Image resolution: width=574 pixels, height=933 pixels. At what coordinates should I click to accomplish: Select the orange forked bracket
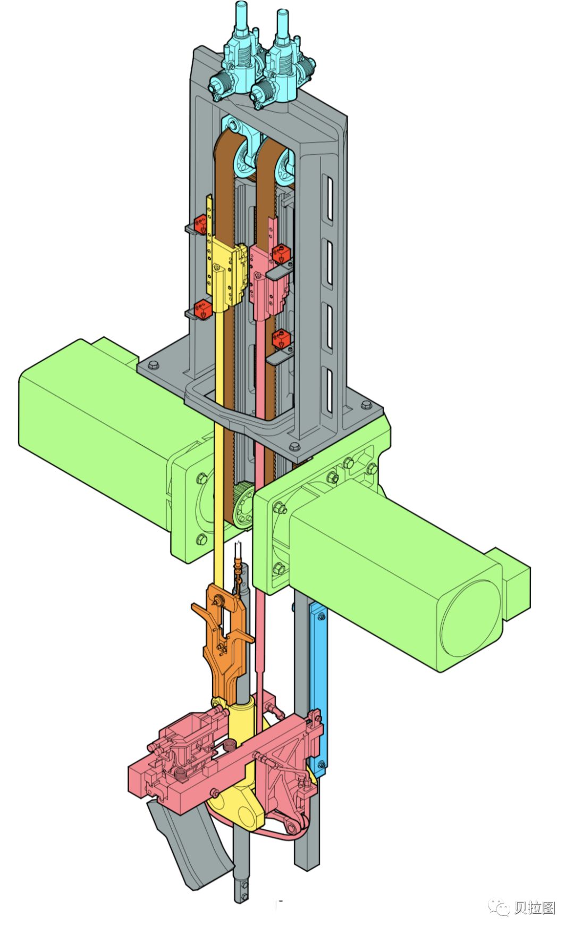point(224,638)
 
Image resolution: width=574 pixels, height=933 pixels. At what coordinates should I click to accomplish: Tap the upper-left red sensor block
point(201,224)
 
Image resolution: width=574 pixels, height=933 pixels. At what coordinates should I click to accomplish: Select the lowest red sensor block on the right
point(282,338)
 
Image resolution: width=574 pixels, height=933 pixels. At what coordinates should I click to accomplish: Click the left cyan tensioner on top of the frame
point(237,59)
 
